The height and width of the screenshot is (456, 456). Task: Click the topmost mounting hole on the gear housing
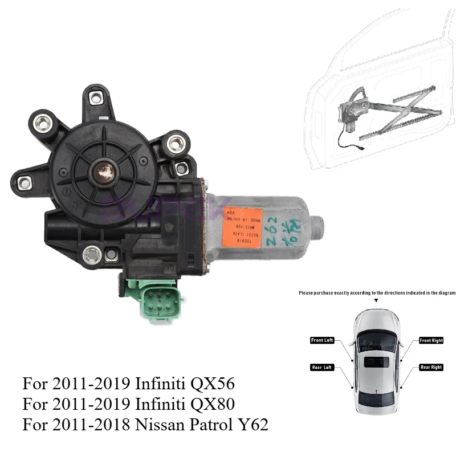point(96,99)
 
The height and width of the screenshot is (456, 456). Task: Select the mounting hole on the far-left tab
point(24,182)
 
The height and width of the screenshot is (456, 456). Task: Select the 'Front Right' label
point(431,340)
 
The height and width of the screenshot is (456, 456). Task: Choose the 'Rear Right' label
point(431,367)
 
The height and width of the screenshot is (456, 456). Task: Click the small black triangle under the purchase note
point(376,300)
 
